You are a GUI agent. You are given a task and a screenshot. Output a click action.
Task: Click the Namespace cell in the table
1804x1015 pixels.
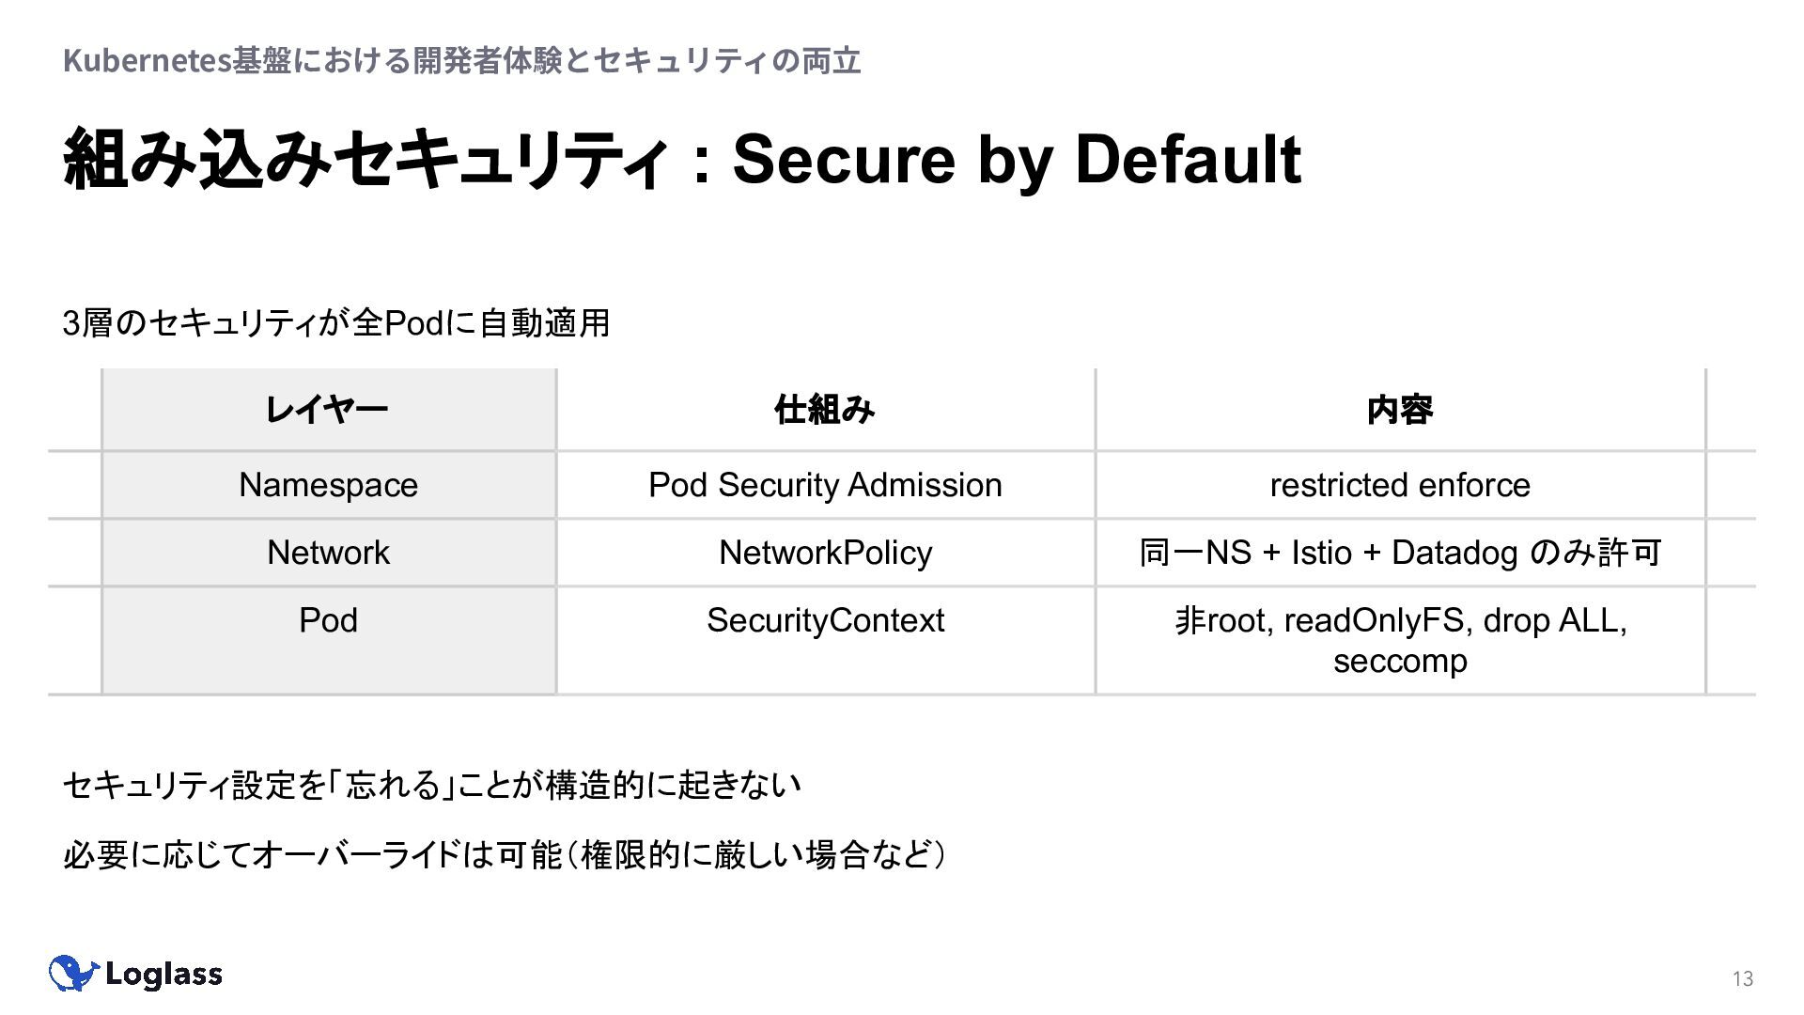328,485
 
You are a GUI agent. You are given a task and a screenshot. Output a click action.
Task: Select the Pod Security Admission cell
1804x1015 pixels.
825,485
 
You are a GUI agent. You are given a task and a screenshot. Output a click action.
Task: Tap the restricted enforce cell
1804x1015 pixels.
1400,485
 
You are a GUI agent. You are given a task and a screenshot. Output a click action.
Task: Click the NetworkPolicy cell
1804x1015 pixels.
825,553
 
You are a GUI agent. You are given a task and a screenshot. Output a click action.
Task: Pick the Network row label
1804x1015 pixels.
328,553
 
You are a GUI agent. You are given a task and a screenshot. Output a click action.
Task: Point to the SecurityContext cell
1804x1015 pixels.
825,620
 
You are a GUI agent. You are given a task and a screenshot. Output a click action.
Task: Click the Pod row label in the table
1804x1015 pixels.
328,620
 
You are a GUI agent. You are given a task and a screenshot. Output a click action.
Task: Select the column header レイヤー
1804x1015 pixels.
327,410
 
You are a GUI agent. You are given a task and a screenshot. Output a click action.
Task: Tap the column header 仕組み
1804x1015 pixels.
825,410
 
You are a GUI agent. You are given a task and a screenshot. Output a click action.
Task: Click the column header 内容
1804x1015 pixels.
1400,410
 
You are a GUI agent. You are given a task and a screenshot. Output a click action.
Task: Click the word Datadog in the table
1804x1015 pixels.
1454,553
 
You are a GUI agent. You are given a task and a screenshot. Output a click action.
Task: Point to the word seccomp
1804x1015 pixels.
1400,661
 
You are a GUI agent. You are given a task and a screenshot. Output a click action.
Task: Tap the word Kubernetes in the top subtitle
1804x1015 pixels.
147,61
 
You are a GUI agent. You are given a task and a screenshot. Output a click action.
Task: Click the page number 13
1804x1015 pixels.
1743,979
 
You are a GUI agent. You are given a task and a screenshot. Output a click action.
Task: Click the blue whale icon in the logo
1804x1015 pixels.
73,973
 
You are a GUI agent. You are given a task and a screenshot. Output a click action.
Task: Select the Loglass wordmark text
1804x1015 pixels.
163,975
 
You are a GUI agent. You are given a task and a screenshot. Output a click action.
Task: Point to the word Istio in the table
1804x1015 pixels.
1322,553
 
